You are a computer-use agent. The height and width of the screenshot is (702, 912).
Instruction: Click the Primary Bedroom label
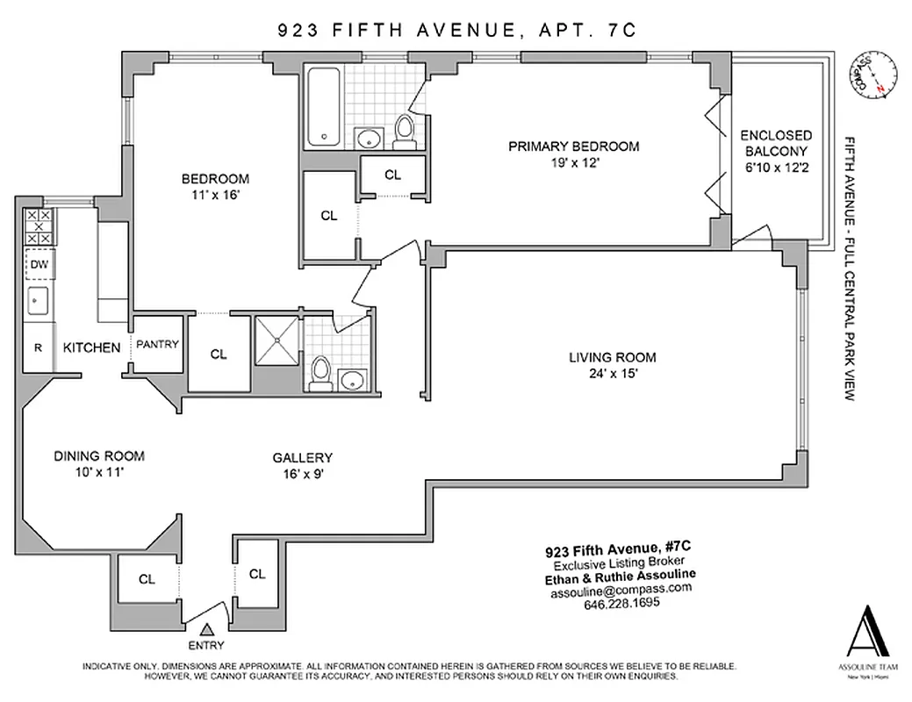[x=573, y=146]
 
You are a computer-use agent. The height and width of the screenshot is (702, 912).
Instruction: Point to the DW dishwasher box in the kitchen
[x=38, y=264]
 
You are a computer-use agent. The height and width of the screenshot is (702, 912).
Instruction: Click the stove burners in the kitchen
[x=38, y=226]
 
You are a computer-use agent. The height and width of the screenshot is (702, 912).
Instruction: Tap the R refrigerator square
[x=37, y=347]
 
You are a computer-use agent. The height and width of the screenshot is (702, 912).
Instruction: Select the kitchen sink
[x=38, y=301]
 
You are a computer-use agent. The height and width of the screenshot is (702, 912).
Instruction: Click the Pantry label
[x=157, y=344]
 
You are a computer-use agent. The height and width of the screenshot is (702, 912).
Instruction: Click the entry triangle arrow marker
[x=207, y=628]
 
